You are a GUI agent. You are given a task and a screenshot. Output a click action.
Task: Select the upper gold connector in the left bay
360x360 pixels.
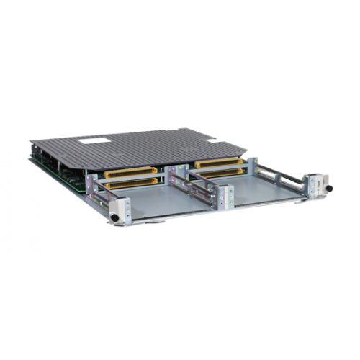point(131,173)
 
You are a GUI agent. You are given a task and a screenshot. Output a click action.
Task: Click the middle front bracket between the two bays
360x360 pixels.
point(225,194)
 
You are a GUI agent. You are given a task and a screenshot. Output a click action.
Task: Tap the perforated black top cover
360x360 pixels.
point(144,148)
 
